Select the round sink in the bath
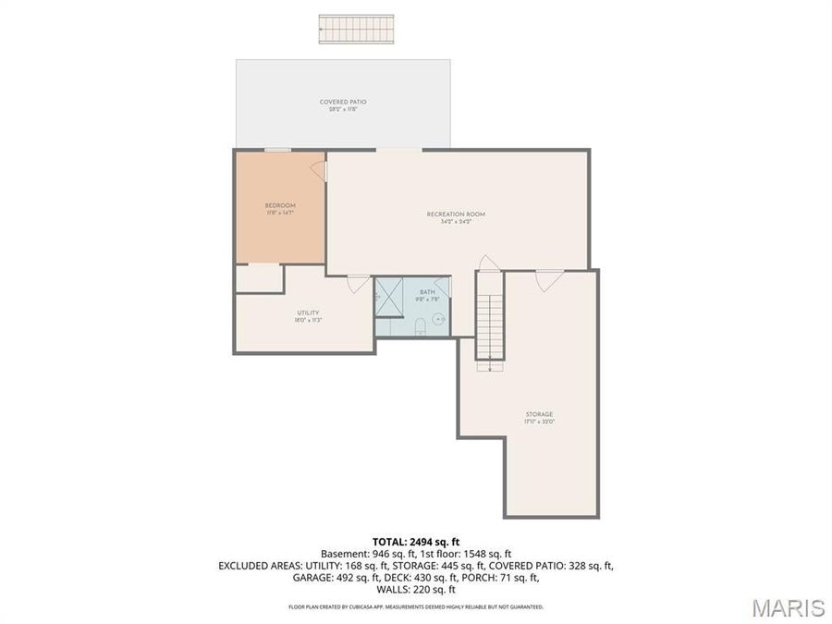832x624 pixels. click(438, 317)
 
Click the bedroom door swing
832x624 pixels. click(318, 171)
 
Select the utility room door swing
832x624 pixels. click(358, 284)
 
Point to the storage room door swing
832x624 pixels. click(549, 279)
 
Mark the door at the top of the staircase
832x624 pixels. click(489, 263)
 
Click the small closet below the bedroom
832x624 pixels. click(259, 278)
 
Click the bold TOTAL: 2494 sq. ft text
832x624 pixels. click(415, 541)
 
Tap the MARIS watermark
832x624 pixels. click(788, 607)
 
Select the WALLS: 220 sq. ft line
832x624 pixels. click(415, 589)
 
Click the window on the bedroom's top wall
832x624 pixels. click(277, 150)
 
